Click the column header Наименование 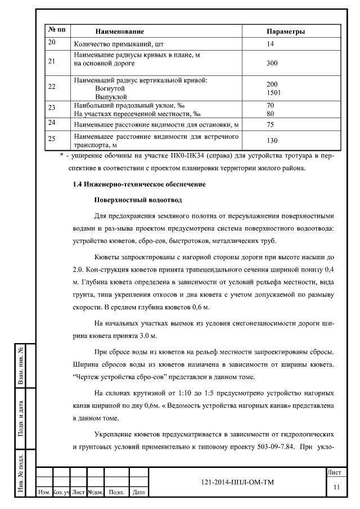click(x=119, y=31)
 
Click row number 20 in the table click(x=52, y=43)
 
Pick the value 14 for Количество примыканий click(x=270, y=43)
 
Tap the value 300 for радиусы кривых click(x=272, y=64)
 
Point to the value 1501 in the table click(x=273, y=92)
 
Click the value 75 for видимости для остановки click(x=270, y=124)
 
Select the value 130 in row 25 click(x=272, y=141)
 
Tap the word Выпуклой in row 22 click(x=110, y=96)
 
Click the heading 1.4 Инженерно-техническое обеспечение click(x=139, y=184)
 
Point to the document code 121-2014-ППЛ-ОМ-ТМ click(x=237, y=482)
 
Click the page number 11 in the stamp click(x=336, y=487)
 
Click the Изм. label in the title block click(x=43, y=493)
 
